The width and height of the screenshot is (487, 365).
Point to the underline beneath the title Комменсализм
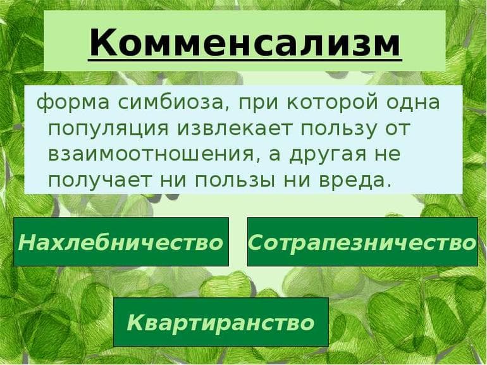(245, 61)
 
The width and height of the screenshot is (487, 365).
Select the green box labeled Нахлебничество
(121, 242)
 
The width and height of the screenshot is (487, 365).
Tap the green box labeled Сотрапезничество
(362, 242)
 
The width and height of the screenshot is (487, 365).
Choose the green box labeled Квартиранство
(221, 322)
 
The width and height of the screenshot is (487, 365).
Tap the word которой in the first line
(333, 102)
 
